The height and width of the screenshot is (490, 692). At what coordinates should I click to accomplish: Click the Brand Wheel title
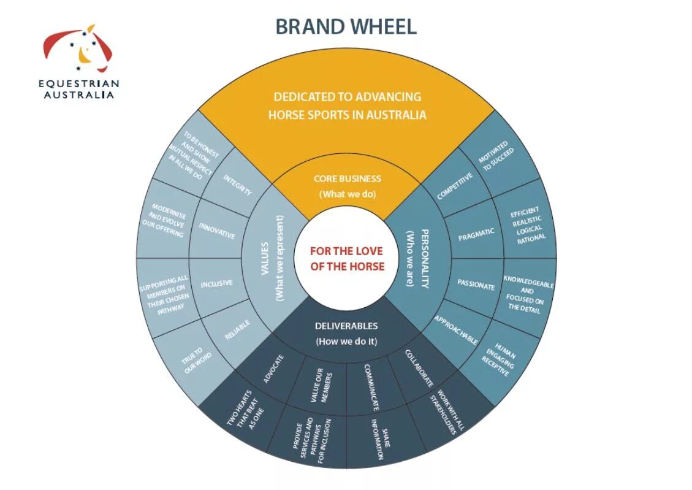pos(346,26)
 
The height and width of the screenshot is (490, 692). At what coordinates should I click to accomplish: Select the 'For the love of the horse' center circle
pos(346,258)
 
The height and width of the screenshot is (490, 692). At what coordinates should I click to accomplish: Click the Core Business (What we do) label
pos(347,186)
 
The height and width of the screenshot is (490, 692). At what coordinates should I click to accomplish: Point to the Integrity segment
pos(237,185)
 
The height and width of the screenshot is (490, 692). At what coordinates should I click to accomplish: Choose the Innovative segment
pos(217,231)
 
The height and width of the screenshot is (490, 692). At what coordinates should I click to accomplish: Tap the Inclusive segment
pos(216,283)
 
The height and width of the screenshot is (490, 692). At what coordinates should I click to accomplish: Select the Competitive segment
pos(455,186)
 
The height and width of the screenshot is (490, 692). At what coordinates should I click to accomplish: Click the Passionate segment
pos(476,285)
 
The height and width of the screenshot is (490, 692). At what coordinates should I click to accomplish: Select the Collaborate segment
pos(420,368)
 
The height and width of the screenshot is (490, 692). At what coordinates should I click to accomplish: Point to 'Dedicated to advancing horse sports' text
pos(347,105)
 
